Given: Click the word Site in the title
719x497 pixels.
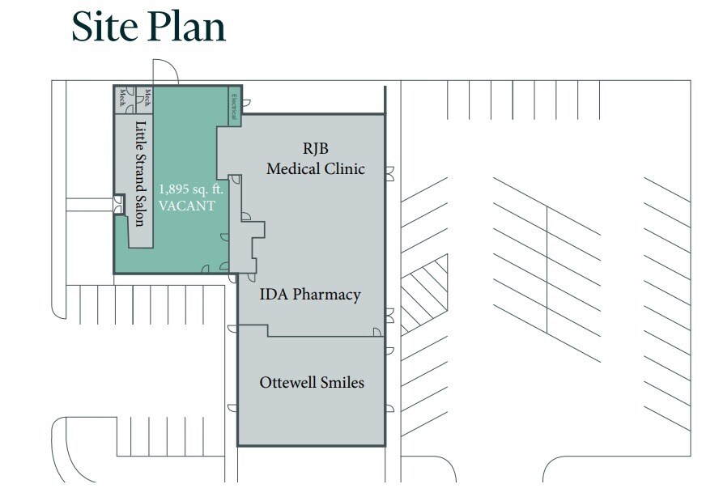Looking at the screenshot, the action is click(x=105, y=26).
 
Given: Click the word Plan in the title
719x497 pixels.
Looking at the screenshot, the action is click(x=187, y=26).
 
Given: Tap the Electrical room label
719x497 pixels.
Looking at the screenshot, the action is click(x=234, y=106).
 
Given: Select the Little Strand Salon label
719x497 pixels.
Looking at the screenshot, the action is click(x=141, y=173).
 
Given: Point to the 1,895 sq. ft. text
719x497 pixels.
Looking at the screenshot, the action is click(x=191, y=189).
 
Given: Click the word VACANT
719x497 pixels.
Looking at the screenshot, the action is click(x=187, y=206).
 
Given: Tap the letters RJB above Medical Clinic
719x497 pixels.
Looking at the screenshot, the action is click(x=316, y=149).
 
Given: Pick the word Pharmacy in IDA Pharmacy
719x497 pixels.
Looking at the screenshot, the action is click(x=326, y=295).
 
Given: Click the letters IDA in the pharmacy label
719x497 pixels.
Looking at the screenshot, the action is click(x=274, y=294).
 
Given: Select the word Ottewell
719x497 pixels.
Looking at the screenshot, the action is click(x=287, y=382).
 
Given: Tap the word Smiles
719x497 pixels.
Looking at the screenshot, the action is click(x=342, y=382).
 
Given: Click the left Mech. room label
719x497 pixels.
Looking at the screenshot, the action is click(x=123, y=98).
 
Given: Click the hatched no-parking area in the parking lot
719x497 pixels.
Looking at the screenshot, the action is click(x=424, y=294).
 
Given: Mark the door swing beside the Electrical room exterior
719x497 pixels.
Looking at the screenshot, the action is click(x=246, y=103).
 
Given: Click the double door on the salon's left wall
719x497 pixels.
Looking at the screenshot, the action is click(x=119, y=205).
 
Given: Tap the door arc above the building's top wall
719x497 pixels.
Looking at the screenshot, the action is click(x=165, y=71).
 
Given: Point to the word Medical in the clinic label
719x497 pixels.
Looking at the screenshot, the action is click(x=292, y=168).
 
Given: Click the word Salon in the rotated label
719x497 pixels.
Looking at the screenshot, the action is click(x=141, y=211).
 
